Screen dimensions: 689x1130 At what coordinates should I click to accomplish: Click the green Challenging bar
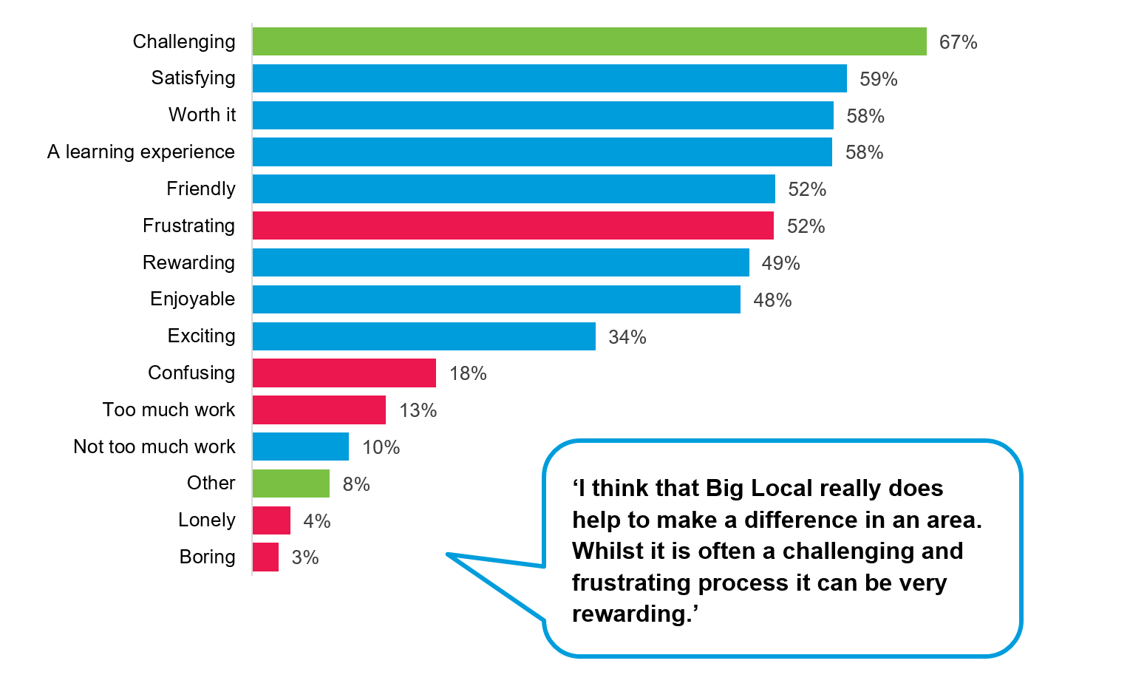coord(589,41)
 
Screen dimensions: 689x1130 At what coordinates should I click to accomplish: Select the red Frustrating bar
coord(513,225)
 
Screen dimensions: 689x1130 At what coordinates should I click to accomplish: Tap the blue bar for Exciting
coord(423,336)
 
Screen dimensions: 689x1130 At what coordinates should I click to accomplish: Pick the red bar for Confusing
coord(344,373)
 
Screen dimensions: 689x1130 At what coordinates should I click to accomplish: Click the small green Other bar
coord(290,483)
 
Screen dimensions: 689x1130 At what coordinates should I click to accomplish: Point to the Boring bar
coord(265,557)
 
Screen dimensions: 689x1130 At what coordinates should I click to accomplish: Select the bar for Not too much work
coord(300,447)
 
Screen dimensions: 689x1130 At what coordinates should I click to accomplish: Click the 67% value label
coord(958,42)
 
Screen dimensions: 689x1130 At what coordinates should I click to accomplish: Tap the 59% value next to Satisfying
coord(878,79)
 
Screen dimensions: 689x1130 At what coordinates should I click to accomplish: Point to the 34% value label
coord(627,337)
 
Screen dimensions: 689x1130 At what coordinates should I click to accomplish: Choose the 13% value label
coord(418,410)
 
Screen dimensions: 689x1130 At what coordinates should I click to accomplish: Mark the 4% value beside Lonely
coord(316,521)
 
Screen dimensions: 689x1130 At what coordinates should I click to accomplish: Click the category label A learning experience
coord(141,152)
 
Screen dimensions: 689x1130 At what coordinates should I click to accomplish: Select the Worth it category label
coord(202,115)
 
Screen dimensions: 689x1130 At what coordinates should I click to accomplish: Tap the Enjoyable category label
coord(192,299)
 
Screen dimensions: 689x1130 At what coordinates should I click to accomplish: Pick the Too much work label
coord(169,410)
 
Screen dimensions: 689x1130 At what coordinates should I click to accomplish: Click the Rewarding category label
coord(188,262)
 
